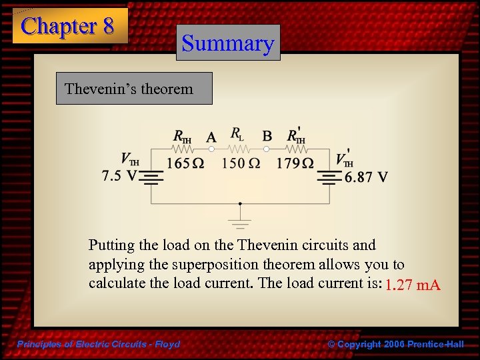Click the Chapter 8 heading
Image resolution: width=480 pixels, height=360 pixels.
69,26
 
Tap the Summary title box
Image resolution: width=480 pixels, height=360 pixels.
228,43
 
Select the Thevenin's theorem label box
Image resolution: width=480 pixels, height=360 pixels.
133,88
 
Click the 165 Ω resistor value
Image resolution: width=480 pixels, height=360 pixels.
185,163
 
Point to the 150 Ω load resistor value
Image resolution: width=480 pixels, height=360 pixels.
241,163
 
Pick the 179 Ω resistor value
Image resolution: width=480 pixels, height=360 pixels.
295,163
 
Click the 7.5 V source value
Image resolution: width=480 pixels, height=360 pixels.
119,177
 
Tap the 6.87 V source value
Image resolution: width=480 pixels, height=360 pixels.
366,177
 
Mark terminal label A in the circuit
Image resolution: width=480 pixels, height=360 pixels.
211,137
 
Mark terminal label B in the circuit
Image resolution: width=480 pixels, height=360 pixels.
267,136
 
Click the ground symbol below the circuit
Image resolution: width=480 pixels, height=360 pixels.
240,220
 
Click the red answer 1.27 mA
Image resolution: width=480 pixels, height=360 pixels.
413,286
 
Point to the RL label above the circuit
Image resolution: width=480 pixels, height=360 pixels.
237,134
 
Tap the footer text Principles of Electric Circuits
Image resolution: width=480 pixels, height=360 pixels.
99,344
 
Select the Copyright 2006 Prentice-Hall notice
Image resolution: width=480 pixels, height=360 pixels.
396,344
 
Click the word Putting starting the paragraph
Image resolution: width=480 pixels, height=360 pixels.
111,245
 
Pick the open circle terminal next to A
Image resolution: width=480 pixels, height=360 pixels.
211,150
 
